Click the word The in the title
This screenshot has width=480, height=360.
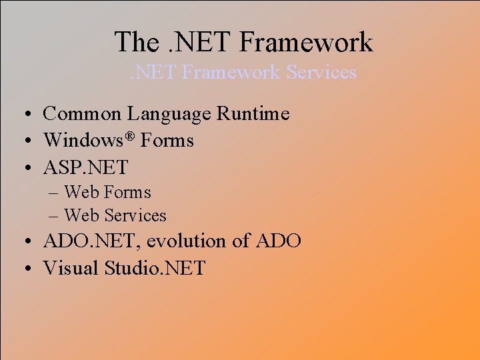[137, 41]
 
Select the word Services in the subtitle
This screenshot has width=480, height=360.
[321, 71]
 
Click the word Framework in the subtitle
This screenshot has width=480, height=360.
[231, 71]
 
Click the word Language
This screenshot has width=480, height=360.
[167, 114]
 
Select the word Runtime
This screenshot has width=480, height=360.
[253, 114]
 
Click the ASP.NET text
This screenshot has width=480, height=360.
[85, 167]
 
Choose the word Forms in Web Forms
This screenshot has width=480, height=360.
[127, 193]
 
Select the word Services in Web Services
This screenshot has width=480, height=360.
[135, 216]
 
